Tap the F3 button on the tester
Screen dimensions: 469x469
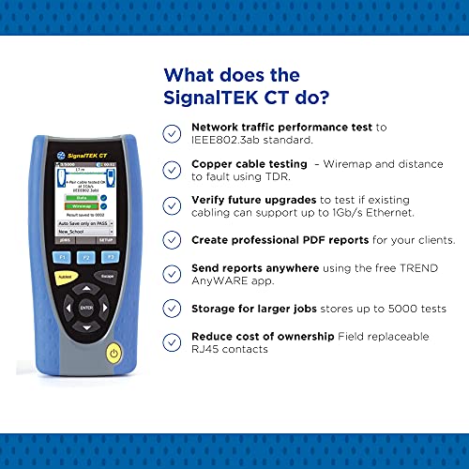[x=110, y=255]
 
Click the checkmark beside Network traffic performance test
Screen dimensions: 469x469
[x=172, y=132]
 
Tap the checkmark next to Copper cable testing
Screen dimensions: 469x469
[x=172, y=169]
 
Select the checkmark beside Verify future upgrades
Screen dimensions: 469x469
[x=172, y=205]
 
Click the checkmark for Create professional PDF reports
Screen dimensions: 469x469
[x=172, y=241]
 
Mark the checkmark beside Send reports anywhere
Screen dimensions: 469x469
[x=172, y=275]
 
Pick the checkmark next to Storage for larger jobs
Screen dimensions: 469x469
[x=172, y=309]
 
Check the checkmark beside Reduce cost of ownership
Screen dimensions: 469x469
[x=172, y=342]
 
